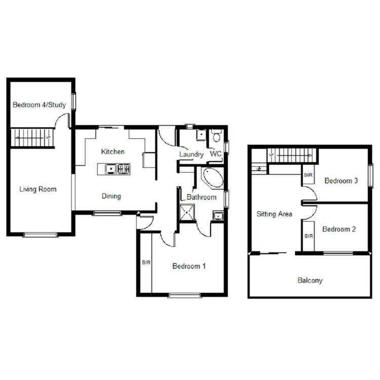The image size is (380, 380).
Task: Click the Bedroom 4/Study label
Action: (x=39, y=105)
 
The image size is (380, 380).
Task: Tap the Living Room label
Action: (x=38, y=189)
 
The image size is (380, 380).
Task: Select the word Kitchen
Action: (x=112, y=151)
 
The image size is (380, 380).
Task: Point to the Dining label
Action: (x=111, y=196)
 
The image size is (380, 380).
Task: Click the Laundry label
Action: (x=192, y=155)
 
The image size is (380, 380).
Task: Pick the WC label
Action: (x=216, y=154)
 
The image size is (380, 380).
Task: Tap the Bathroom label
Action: (x=201, y=197)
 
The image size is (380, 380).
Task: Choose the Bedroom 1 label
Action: (x=189, y=266)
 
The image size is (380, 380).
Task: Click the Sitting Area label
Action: (x=274, y=214)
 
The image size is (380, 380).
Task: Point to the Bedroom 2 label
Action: (x=339, y=229)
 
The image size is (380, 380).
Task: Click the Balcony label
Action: (x=310, y=280)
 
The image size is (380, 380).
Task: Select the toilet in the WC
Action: (x=216, y=136)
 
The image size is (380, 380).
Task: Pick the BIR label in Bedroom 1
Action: (x=146, y=262)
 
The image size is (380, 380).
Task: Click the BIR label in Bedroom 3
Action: (x=308, y=175)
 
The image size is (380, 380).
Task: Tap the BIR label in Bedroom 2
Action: (x=308, y=236)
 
